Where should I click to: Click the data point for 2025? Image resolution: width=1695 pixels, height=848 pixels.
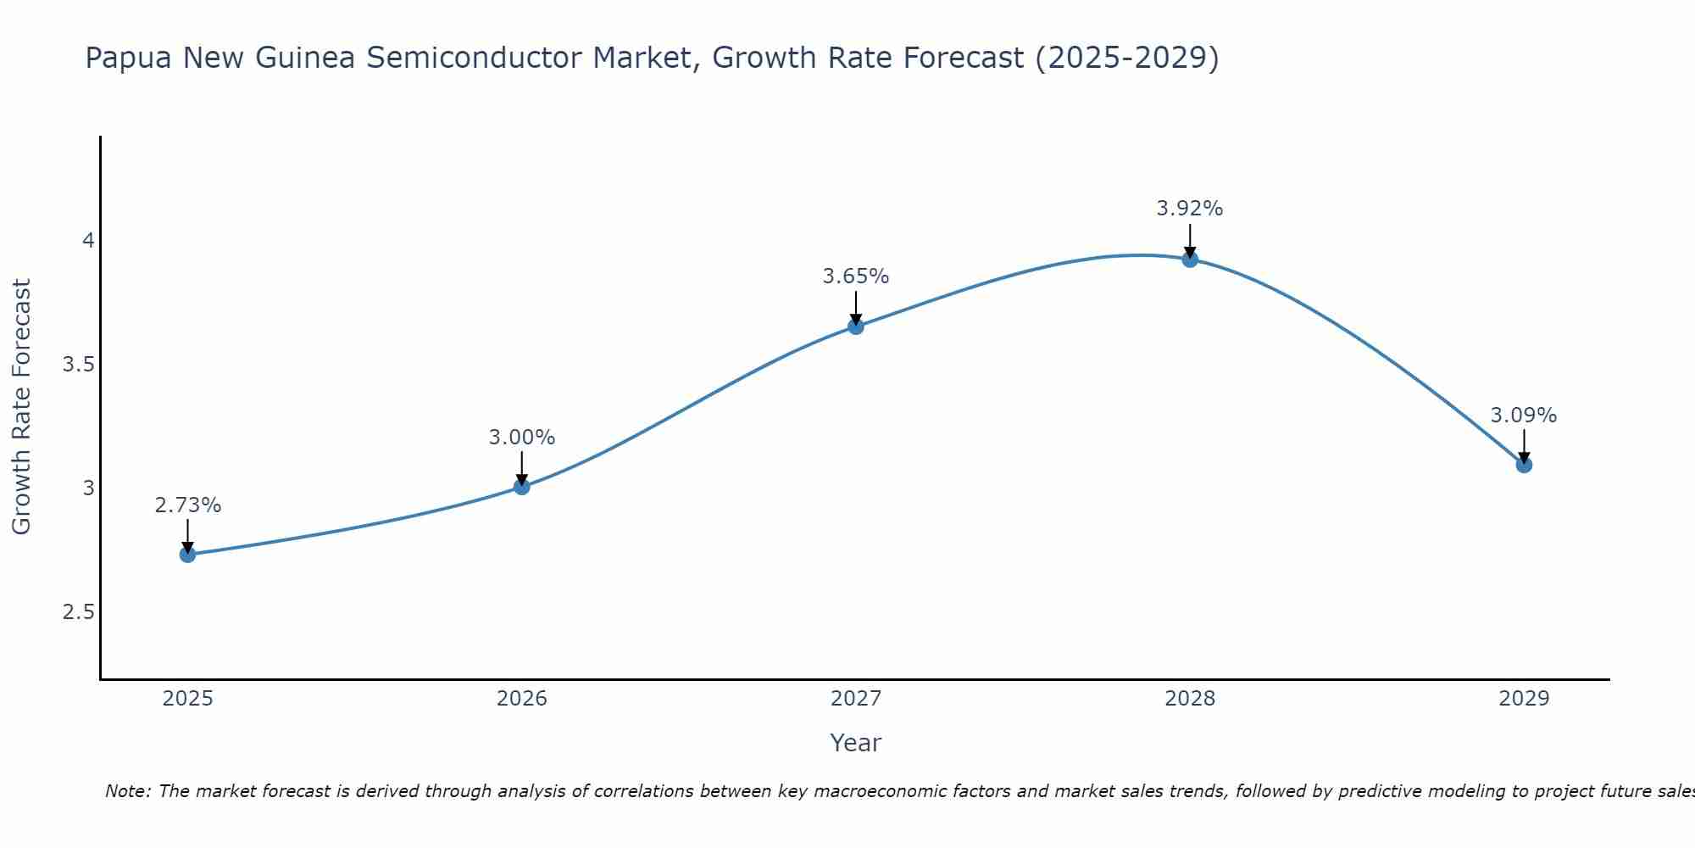tap(187, 555)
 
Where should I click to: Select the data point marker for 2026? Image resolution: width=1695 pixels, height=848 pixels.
tap(521, 487)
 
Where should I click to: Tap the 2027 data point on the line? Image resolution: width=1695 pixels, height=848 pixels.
tap(856, 326)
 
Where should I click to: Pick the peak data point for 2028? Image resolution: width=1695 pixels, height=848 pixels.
tap(1190, 259)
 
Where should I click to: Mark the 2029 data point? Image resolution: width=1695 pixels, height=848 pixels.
tap(1524, 465)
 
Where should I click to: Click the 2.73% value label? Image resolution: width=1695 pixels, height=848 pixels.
tap(187, 505)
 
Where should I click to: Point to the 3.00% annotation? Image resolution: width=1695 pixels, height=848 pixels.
tap(521, 438)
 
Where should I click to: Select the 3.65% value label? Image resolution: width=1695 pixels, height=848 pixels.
tap(856, 276)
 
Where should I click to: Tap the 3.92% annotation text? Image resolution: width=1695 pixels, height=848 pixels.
tap(1190, 209)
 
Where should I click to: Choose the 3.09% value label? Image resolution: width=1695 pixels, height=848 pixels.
tap(1524, 416)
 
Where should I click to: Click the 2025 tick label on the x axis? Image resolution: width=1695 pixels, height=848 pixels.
tap(187, 699)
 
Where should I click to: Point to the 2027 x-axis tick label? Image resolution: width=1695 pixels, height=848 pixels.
tap(856, 699)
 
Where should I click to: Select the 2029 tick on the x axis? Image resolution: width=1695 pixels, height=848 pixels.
tap(1524, 699)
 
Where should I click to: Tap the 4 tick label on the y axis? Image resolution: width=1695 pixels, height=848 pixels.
tap(88, 241)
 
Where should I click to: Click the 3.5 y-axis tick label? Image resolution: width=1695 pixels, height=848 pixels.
tap(79, 365)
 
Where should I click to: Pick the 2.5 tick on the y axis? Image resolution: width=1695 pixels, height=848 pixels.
tap(79, 612)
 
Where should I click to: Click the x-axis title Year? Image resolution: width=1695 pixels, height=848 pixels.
tap(856, 743)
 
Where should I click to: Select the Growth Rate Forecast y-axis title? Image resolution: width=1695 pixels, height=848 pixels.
tap(21, 407)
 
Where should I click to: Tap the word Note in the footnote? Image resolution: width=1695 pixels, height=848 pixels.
tap(127, 791)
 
